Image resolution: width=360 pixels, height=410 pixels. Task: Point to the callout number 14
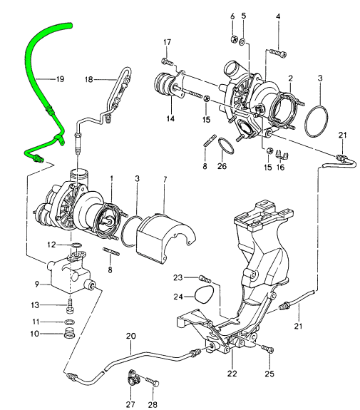pyautogui.click(x=171, y=118)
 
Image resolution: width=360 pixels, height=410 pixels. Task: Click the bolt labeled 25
pyautogui.click(x=267, y=349)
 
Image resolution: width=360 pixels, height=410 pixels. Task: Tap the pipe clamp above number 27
pyautogui.click(x=133, y=376)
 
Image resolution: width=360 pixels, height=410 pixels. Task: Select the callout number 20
pyautogui.click(x=130, y=336)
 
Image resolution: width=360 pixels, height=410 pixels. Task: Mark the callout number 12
pyautogui.click(x=61, y=245)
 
